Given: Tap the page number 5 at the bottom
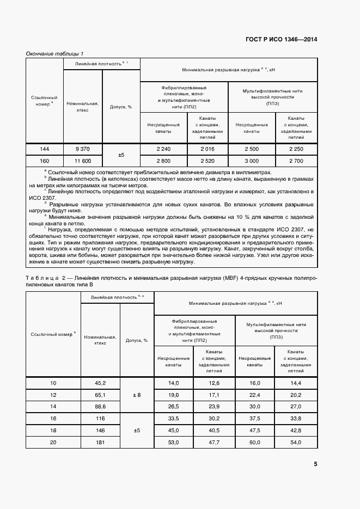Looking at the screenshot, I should point(315,464).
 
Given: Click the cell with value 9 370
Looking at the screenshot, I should point(83,149).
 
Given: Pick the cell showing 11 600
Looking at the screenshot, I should point(83,161).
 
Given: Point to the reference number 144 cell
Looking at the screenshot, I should point(45,149).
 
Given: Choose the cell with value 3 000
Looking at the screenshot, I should point(251,161).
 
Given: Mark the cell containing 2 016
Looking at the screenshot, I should point(208,149).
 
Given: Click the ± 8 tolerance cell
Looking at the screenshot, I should point(137,395).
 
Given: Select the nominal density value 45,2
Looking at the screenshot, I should point(100,383).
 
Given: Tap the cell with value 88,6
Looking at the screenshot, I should point(100,406).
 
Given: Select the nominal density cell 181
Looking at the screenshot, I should point(100,441).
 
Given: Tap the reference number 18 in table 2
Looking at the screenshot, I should point(53,430).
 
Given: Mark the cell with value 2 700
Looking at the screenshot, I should point(296,161).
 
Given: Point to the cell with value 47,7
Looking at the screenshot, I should point(213,441).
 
